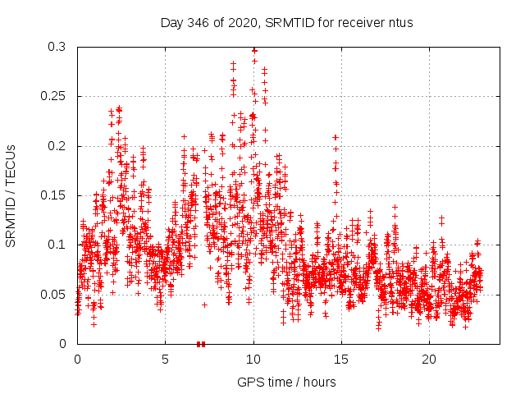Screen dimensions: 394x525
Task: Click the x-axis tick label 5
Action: click(165, 360)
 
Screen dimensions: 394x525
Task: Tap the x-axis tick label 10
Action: click(253, 360)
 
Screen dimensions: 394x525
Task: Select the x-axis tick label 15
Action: click(341, 360)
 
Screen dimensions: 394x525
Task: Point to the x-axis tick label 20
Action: click(429, 360)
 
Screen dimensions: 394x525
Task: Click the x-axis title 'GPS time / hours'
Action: click(286, 382)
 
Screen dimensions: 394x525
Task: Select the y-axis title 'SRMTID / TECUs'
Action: click(11, 195)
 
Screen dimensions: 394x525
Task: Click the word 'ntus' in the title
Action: click(399, 22)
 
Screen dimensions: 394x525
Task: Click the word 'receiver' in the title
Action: click(357, 22)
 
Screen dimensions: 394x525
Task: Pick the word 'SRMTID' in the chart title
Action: click(286, 22)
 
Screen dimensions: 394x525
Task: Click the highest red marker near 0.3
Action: click(254, 49)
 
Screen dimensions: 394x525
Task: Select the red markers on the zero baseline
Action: click(201, 343)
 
